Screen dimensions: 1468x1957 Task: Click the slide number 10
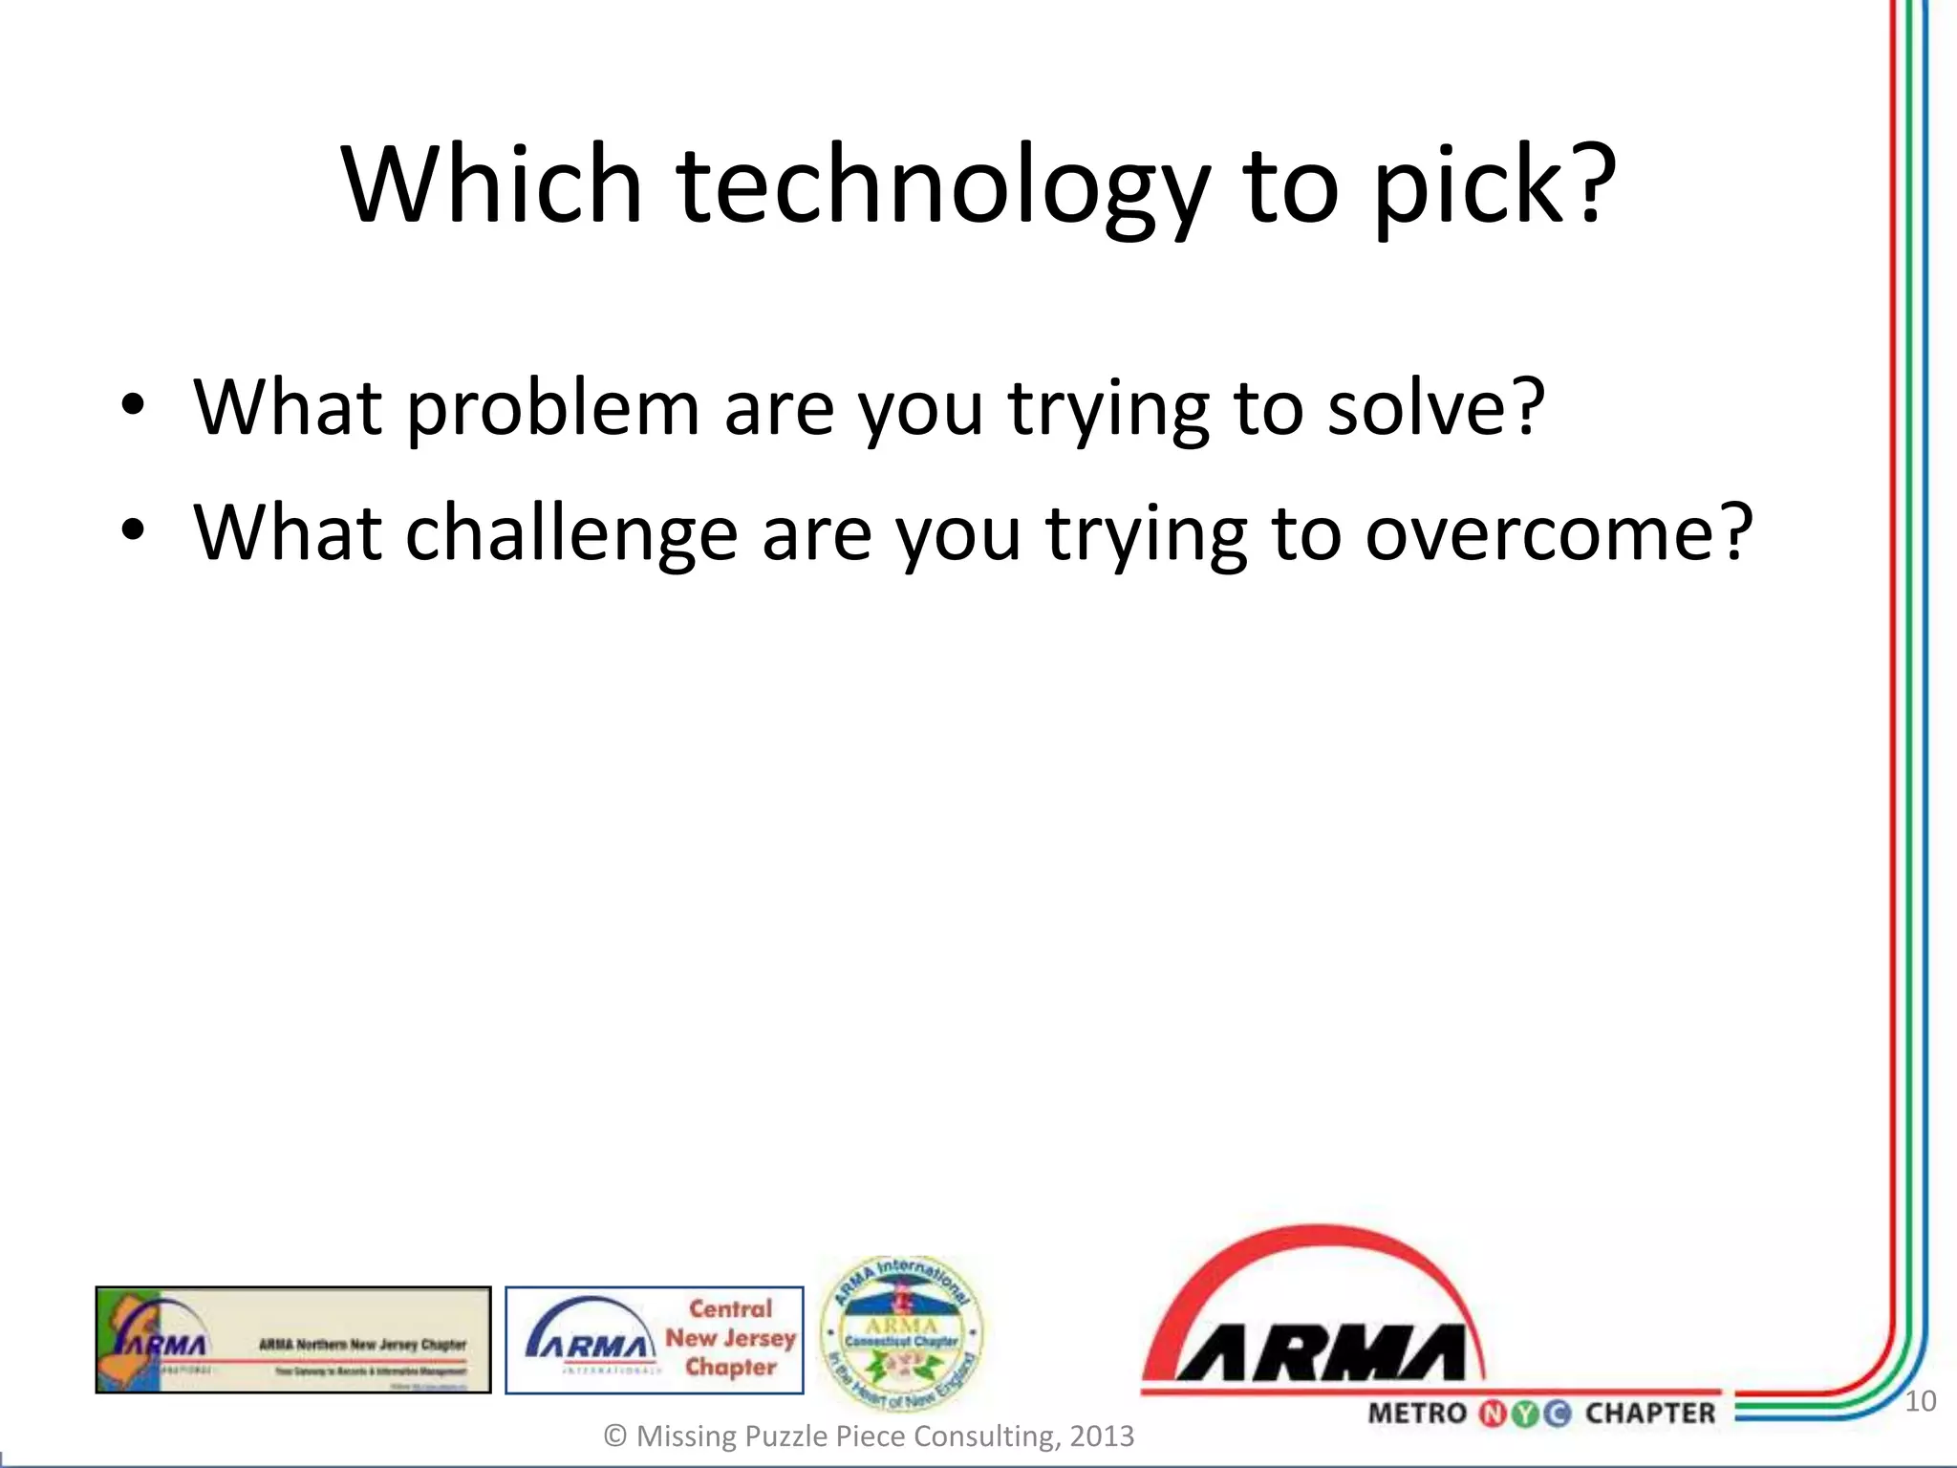click(x=1920, y=1402)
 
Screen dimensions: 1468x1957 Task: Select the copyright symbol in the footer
click(x=615, y=1436)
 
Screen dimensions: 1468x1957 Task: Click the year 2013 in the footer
click(x=1101, y=1436)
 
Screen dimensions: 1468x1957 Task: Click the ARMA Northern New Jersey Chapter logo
click(x=292, y=1340)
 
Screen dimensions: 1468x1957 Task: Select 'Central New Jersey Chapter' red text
click(x=731, y=1338)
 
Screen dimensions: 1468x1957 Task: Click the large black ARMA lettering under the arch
click(x=1319, y=1352)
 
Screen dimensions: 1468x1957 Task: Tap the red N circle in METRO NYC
click(x=1492, y=1414)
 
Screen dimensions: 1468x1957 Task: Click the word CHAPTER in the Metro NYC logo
click(x=1650, y=1414)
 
